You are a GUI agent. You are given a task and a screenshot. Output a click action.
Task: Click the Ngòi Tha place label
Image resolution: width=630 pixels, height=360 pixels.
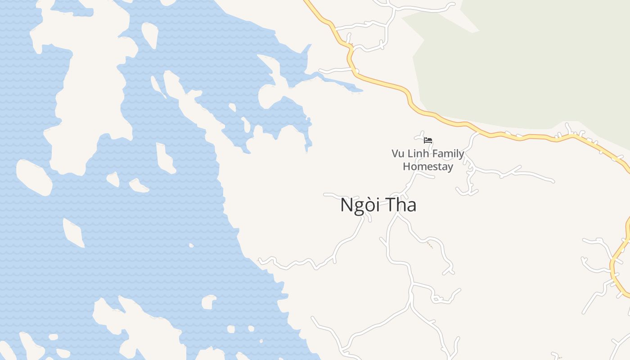(x=378, y=205)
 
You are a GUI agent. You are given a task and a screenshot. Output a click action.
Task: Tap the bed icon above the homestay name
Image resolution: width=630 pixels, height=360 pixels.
(x=428, y=140)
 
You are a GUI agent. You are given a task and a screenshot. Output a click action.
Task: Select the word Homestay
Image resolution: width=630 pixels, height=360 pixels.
(x=428, y=166)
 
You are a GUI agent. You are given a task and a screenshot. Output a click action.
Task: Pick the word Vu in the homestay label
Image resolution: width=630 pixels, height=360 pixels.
(x=397, y=153)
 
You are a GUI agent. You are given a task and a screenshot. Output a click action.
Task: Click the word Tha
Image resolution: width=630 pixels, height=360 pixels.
(x=400, y=205)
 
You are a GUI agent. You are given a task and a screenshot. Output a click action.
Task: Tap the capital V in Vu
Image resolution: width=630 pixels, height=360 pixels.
(x=395, y=153)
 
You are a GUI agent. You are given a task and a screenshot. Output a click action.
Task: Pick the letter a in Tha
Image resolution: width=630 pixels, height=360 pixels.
(x=411, y=207)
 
